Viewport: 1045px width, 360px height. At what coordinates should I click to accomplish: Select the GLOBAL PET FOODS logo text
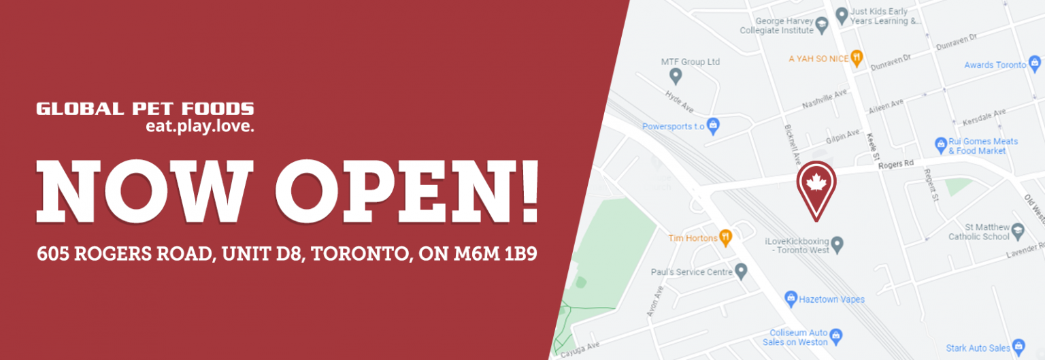(x=145, y=109)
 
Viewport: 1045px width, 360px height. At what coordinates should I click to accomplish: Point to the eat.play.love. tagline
(x=199, y=126)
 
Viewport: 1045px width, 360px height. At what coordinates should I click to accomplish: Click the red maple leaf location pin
(x=816, y=184)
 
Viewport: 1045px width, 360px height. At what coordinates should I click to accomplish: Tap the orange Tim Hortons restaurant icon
(x=726, y=238)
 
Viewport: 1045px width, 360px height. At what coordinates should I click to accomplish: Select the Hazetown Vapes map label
(x=831, y=299)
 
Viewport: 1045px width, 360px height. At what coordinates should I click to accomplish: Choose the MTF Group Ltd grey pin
(x=675, y=75)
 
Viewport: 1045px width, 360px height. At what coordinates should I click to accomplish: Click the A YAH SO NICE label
(x=818, y=59)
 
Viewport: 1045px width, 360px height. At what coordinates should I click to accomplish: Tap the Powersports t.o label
(x=674, y=126)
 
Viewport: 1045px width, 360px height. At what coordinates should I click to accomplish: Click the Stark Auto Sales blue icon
(x=1018, y=346)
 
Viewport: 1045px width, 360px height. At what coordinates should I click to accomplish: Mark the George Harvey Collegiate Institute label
(x=776, y=26)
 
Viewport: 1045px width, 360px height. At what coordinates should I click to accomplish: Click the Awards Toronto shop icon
(x=1035, y=65)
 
